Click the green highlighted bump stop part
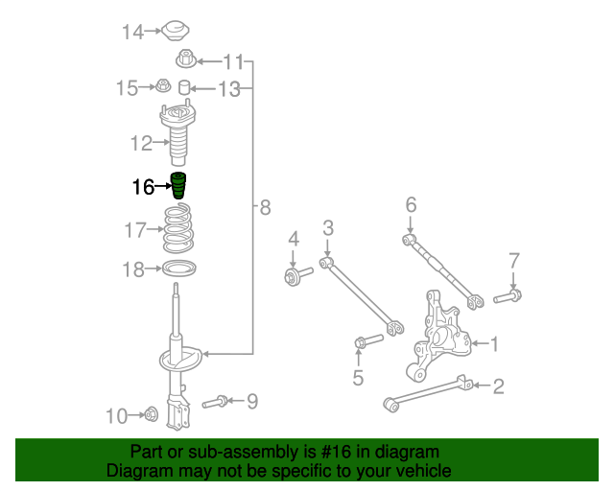point(179,186)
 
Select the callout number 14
point(131,33)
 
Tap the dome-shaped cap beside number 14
point(175,31)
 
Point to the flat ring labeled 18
point(179,269)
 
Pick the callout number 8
point(265,206)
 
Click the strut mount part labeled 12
point(177,137)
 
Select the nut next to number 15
point(164,88)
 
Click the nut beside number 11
point(185,61)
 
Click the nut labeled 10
point(151,414)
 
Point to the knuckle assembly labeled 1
point(441,336)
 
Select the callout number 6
point(411,204)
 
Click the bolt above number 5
point(367,340)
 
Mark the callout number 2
point(498,386)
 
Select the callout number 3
point(327,227)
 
